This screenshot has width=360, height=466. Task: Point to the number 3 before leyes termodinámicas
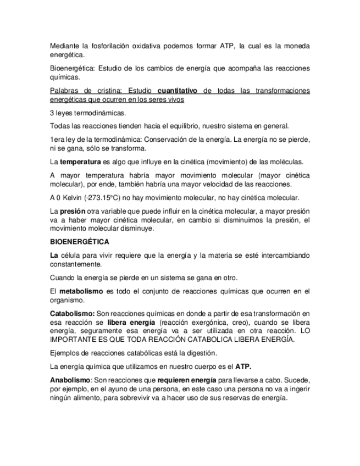(x=52, y=114)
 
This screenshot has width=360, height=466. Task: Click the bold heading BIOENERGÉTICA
(x=79, y=242)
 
